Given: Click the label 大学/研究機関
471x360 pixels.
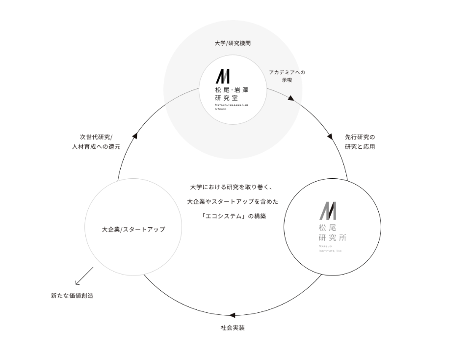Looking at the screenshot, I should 233,43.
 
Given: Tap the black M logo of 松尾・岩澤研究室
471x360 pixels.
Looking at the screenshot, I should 223,76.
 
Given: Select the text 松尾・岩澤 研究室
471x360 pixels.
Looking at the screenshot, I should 232,94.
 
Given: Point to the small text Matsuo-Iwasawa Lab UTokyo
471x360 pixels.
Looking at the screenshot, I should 231,108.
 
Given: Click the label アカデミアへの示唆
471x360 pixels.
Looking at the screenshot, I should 287,76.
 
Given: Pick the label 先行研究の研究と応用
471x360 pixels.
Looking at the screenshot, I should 360,142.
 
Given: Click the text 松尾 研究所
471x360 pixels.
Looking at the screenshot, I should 332,233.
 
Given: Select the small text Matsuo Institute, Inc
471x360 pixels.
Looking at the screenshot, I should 329,248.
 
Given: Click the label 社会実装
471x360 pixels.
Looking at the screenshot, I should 233,328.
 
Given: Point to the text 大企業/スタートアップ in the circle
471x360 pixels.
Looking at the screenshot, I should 133,229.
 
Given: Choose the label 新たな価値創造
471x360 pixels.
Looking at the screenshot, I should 72,296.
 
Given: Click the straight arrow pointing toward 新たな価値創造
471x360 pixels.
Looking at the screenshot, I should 84,276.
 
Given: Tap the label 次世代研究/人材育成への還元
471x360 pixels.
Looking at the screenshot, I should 96,142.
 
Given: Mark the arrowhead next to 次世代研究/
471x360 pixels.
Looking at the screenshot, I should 135,135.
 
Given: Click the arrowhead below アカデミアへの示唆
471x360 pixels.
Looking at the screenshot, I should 291,98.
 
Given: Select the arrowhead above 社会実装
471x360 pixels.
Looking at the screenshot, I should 233,315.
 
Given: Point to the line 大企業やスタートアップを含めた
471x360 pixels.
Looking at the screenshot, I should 233,202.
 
